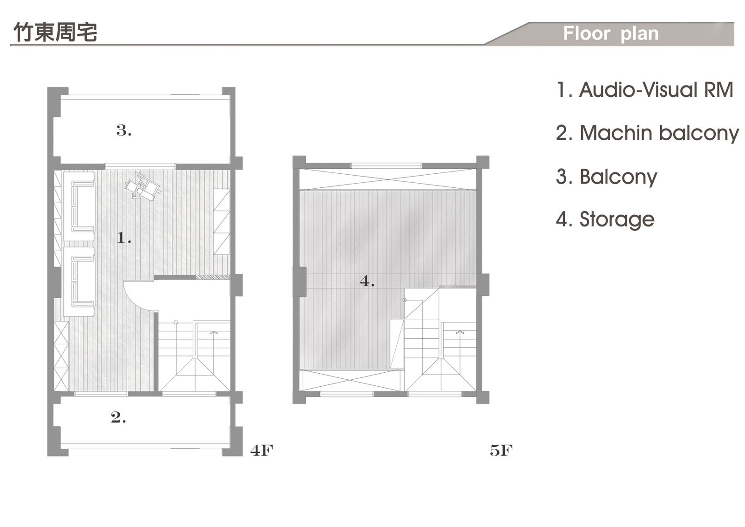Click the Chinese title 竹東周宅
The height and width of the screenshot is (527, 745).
[55, 32]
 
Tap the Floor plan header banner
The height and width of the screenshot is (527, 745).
[610, 34]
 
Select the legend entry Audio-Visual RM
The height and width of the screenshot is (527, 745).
[645, 90]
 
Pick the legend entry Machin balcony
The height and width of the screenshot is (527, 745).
[647, 133]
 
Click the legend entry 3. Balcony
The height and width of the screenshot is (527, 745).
[606, 177]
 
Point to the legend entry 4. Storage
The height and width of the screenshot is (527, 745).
[605, 219]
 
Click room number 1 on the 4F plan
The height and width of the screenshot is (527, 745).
[123, 239]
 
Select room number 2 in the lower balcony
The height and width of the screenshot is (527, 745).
[118, 417]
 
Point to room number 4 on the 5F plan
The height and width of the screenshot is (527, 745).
[367, 281]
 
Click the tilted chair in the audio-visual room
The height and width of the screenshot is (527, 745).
[142, 186]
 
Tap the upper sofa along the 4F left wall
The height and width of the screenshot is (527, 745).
[79, 206]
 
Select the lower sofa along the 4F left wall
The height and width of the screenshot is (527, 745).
[79, 282]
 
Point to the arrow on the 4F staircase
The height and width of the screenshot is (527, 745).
[214, 333]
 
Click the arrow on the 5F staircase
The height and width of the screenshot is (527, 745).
[460, 332]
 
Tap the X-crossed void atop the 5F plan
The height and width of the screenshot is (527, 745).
[387, 179]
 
